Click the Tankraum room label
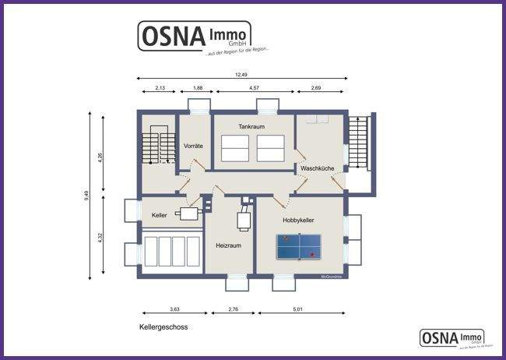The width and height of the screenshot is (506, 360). tap(252, 125)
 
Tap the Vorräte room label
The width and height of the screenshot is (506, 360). tap(193, 146)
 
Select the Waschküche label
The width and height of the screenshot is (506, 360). tap(317, 168)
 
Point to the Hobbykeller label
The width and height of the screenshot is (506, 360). tap(300, 221)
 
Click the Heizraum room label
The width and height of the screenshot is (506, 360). tap(228, 245)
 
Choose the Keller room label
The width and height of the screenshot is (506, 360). tap(159, 215)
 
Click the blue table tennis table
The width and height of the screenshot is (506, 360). tap(299, 247)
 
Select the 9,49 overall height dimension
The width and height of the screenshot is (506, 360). tap(86, 196)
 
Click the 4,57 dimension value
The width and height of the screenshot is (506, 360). tap(254, 88)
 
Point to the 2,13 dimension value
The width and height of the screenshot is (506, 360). tap(160, 88)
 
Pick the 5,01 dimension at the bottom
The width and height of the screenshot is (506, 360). tap(297, 310)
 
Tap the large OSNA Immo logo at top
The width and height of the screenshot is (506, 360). tap(195, 37)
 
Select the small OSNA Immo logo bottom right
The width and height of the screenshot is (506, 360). tap(452, 337)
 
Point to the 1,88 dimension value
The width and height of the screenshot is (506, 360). tap(198, 88)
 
